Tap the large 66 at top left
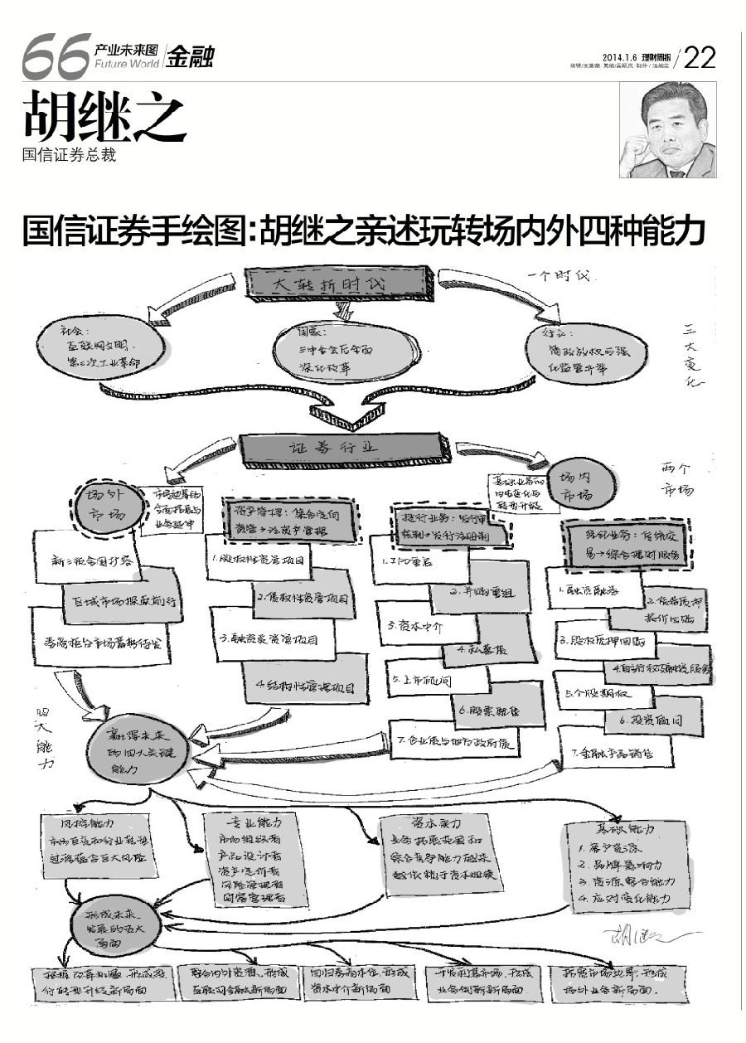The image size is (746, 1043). [x=55, y=57]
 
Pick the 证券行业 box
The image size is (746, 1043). [x=343, y=447]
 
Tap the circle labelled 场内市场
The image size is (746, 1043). [x=584, y=487]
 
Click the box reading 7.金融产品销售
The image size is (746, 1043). [x=614, y=753]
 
